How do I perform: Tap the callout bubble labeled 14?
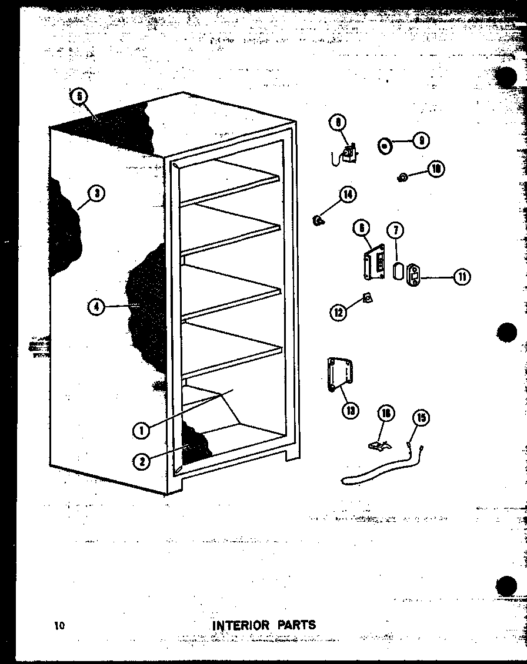348,194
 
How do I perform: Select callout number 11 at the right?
462,276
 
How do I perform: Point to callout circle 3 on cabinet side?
97,193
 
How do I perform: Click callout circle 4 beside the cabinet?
96,306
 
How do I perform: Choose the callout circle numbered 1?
141,431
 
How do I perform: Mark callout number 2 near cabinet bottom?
141,461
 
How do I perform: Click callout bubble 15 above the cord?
421,418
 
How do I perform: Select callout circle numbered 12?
338,313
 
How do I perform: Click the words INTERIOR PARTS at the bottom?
263,625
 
